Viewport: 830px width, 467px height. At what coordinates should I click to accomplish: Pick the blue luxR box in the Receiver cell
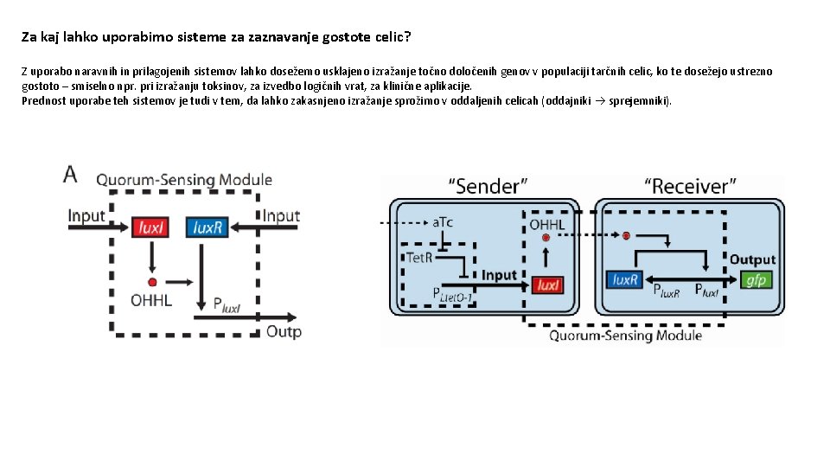625,279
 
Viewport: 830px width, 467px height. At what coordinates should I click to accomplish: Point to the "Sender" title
488,186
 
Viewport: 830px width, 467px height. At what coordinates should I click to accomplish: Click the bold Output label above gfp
752,259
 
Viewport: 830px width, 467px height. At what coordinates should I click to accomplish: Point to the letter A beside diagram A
70,174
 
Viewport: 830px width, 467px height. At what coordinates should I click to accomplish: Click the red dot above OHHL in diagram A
152,282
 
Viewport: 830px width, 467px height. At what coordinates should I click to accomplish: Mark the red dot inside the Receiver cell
625,235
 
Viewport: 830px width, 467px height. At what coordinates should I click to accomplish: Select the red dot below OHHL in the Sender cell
546,237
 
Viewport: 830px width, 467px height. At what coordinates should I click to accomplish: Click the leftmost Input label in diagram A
87,215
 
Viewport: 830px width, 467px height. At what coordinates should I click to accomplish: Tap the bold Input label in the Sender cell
499,275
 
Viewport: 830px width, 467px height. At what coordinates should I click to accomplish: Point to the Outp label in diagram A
284,331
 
